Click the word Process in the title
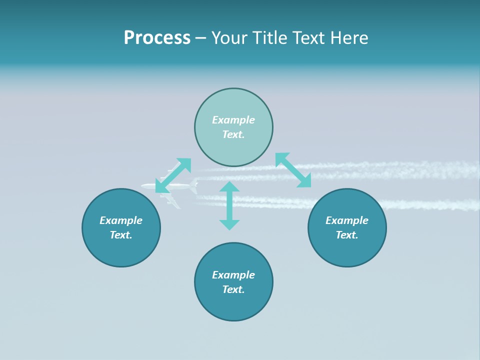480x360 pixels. (x=157, y=38)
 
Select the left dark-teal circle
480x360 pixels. (x=121, y=250)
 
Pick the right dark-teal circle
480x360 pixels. (x=347, y=250)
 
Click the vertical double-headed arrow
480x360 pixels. (x=229, y=205)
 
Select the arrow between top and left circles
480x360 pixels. (x=173, y=175)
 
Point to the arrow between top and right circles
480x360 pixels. (x=293, y=170)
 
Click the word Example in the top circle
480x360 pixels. (x=233, y=120)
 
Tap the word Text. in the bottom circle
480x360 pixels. (x=233, y=289)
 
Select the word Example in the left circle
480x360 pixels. (x=121, y=220)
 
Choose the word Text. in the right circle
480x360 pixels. (x=347, y=235)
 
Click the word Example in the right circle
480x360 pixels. (x=347, y=220)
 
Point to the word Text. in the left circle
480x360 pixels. (x=121, y=235)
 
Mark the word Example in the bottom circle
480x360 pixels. (x=233, y=275)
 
